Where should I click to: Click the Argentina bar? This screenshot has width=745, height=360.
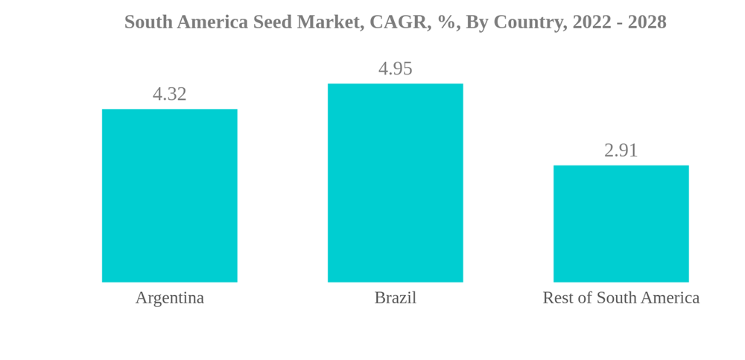tap(169, 195)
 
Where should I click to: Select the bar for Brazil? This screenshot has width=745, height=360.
tap(395, 183)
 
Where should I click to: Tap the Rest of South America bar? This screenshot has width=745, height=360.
tap(621, 224)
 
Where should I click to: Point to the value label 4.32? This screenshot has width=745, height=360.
tap(169, 94)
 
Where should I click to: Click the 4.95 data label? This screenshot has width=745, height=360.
tap(395, 69)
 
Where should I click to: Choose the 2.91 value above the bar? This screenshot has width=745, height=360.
tap(621, 151)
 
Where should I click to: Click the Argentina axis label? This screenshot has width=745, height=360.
tap(169, 297)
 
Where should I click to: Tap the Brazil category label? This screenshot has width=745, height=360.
tap(395, 297)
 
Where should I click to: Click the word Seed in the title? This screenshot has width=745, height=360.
tap(272, 22)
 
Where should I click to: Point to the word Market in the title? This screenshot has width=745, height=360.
tap(328, 22)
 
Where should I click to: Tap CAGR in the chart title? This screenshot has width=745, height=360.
tap(397, 22)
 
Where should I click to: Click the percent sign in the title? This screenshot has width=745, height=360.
tap(447, 22)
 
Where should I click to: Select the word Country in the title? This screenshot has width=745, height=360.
tap(528, 22)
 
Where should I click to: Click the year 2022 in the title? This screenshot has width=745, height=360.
tap(591, 22)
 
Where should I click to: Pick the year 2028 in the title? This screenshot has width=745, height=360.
tap(647, 22)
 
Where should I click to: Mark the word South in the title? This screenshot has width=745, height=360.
tap(146, 22)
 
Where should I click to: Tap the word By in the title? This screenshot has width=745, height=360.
tap(475, 22)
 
